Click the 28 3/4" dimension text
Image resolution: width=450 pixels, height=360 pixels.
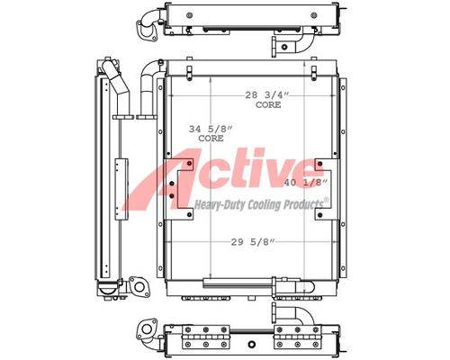tap(266, 95)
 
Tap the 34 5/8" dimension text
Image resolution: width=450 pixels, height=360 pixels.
tap(211, 130)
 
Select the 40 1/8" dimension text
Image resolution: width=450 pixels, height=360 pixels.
tap(305, 183)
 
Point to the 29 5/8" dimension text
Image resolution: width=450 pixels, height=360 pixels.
tap(253, 242)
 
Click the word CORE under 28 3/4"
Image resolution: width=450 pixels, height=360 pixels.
tap(268, 104)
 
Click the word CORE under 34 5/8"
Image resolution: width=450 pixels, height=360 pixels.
tap(211, 139)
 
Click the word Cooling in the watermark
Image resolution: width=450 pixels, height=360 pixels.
tap(263, 205)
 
